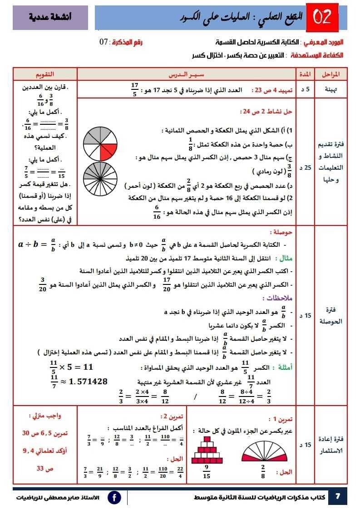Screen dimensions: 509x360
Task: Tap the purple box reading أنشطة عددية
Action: click(x=44, y=18)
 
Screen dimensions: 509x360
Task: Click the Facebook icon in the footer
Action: click(x=114, y=497)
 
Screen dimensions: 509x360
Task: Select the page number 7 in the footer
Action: click(x=337, y=496)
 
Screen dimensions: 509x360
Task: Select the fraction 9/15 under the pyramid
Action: click(x=206, y=472)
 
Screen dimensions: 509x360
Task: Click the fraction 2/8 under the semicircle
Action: click(x=262, y=472)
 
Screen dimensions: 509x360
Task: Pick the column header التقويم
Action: click(x=45, y=74)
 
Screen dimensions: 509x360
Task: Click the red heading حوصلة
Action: click(x=281, y=232)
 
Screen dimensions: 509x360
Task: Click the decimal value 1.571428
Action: click(x=88, y=382)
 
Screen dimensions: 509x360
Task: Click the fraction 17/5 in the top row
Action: click(x=134, y=89)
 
